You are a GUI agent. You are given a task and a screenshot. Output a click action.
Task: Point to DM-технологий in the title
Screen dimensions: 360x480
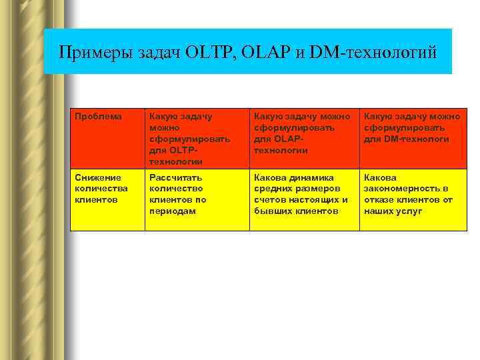point(375,52)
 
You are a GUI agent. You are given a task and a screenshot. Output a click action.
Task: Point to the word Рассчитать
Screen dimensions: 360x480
point(173,178)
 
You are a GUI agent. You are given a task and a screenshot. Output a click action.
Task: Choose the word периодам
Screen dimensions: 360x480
point(172,211)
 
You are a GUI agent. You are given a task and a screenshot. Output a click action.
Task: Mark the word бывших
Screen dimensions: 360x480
point(271,211)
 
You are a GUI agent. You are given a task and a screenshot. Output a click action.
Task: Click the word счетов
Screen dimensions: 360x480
point(269,200)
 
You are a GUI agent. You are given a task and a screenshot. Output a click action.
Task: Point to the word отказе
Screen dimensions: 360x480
point(379,200)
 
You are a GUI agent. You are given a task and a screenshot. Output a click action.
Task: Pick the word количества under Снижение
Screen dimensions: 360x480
point(101,189)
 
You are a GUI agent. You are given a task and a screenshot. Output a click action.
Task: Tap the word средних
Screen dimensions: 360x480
point(272,189)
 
